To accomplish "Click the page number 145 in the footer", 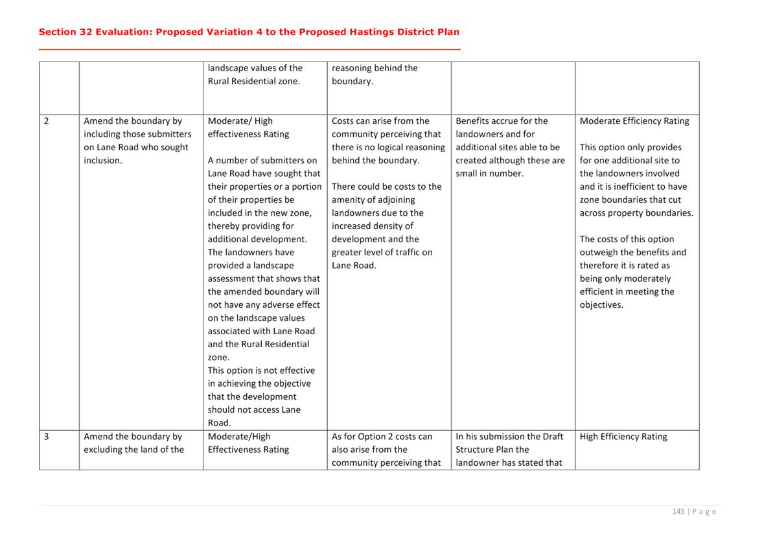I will pos(678,512).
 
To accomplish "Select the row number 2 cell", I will pos(47,121).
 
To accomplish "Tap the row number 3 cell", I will pos(47,437).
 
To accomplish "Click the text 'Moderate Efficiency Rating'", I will pos(634,121).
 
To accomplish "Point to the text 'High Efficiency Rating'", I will pos(623,437).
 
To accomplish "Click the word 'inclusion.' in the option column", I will pos(103,161).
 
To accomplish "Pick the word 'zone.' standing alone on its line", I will pos(218,358).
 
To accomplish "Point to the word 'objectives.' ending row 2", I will pos(601,305).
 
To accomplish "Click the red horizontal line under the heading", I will pos(249,49).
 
